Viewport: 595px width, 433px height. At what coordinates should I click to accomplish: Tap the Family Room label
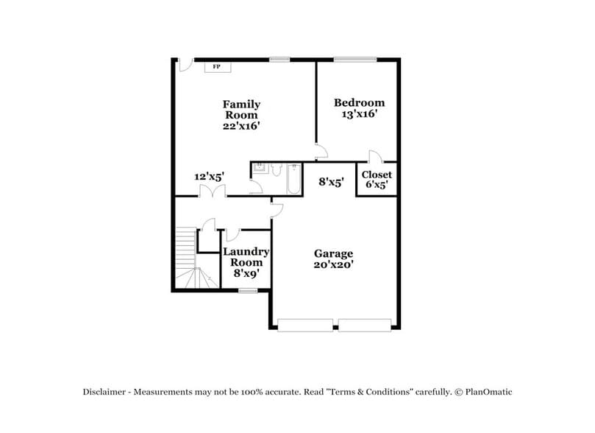(241, 110)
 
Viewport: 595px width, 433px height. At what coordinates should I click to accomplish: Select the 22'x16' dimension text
(241, 126)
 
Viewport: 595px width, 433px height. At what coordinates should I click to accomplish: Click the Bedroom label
(359, 103)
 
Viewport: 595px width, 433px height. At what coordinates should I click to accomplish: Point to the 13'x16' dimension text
(359, 114)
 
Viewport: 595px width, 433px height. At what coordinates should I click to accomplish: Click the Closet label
(377, 175)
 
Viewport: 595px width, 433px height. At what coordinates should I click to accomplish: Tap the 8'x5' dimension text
(331, 181)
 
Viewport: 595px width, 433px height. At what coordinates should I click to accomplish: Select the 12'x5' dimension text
(209, 177)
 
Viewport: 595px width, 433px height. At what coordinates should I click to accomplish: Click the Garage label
(335, 253)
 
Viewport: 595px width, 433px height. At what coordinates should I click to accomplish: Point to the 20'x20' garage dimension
(335, 264)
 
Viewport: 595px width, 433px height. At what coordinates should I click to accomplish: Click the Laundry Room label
(246, 257)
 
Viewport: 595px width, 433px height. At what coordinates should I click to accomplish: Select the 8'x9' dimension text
(246, 273)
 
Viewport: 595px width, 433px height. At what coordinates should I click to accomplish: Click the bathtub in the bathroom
(293, 179)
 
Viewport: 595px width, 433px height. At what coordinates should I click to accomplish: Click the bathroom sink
(259, 168)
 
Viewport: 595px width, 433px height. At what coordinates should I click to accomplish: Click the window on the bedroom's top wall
(354, 59)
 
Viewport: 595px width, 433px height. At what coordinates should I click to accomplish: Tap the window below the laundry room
(248, 291)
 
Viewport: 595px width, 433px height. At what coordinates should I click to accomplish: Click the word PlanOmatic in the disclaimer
(488, 392)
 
